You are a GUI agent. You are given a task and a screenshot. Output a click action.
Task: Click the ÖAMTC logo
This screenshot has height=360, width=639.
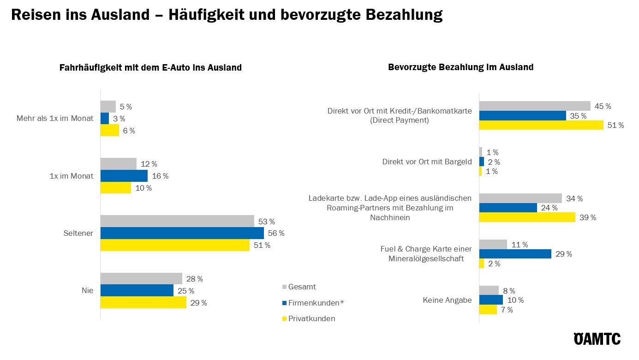[x=597, y=339]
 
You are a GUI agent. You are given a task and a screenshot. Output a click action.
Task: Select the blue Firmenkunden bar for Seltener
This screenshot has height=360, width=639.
[x=182, y=233]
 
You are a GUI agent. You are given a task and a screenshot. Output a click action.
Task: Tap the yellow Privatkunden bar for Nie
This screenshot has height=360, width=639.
[x=143, y=302]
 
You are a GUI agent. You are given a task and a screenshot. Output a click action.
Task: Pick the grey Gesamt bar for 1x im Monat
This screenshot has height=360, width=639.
[x=118, y=164]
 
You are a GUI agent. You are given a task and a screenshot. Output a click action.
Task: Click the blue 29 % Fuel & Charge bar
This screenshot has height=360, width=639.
[x=515, y=254]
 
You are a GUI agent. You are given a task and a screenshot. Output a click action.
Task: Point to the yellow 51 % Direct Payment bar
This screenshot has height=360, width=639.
[x=541, y=125]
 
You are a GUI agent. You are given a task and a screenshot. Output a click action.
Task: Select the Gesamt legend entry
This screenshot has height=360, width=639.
[x=299, y=287]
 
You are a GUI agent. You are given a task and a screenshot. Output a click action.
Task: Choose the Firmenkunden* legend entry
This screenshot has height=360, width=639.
[x=313, y=303]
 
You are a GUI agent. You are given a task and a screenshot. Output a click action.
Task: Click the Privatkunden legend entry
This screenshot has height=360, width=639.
[x=309, y=318]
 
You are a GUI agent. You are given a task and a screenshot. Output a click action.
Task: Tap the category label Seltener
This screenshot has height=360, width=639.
[x=78, y=233]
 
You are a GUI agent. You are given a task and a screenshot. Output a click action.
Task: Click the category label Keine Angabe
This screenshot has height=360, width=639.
[x=447, y=300]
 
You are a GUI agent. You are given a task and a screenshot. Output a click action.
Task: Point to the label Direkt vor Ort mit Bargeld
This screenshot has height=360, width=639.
[x=427, y=162]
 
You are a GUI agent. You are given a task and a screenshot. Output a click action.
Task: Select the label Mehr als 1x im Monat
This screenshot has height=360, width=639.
[x=55, y=119]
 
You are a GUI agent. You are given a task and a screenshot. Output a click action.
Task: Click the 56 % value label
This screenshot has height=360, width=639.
[x=276, y=233]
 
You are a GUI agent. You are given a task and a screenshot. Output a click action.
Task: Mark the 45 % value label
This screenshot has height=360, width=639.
[x=603, y=106]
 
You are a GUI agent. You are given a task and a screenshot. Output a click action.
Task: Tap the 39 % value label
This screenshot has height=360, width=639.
[x=587, y=217]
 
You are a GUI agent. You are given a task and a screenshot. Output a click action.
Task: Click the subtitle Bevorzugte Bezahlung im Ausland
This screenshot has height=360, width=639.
[x=460, y=67]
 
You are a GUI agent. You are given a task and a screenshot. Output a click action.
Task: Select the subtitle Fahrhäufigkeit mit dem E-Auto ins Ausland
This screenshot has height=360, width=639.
[x=150, y=67]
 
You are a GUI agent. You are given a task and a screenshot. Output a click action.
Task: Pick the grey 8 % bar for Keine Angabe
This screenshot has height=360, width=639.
[x=489, y=290]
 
